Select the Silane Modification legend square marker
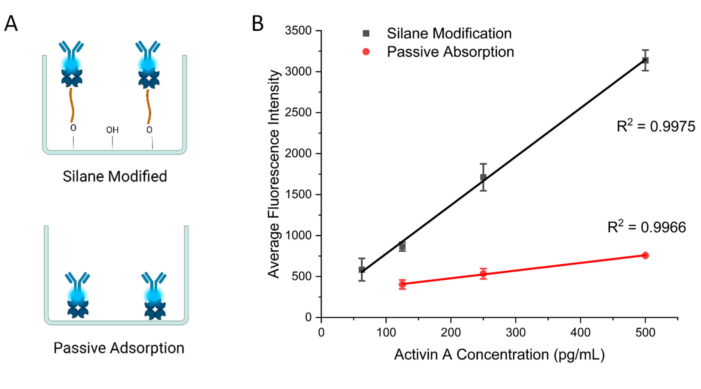pyautogui.click(x=366, y=33)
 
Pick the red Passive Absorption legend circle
pyautogui.click(x=366, y=52)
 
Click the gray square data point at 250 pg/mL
pyautogui.click(x=483, y=177)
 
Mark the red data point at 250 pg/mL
pyautogui.click(x=483, y=274)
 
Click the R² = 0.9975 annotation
pyautogui.click(x=655, y=126)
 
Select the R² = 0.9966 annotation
pyautogui.click(x=647, y=227)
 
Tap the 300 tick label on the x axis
pyautogui.click(x=516, y=332)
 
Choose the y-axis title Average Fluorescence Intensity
pyautogui.click(x=274, y=174)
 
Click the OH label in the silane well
pyautogui.click(x=112, y=130)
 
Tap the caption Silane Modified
pyautogui.click(x=115, y=176)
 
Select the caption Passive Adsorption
pyautogui.click(x=119, y=348)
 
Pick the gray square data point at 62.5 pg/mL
pyautogui.click(x=362, y=270)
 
